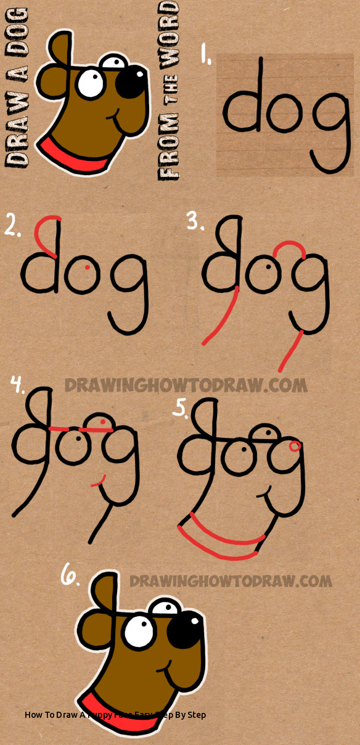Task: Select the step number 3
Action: pyautogui.click(x=195, y=220)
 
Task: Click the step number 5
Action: pyautogui.click(x=179, y=408)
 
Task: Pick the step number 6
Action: pyautogui.click(x=70, y=576)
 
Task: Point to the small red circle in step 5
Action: pyautogui.click(x=295, y=445)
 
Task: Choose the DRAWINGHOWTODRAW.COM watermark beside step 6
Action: pyautogui.click(x=231, y=581)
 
